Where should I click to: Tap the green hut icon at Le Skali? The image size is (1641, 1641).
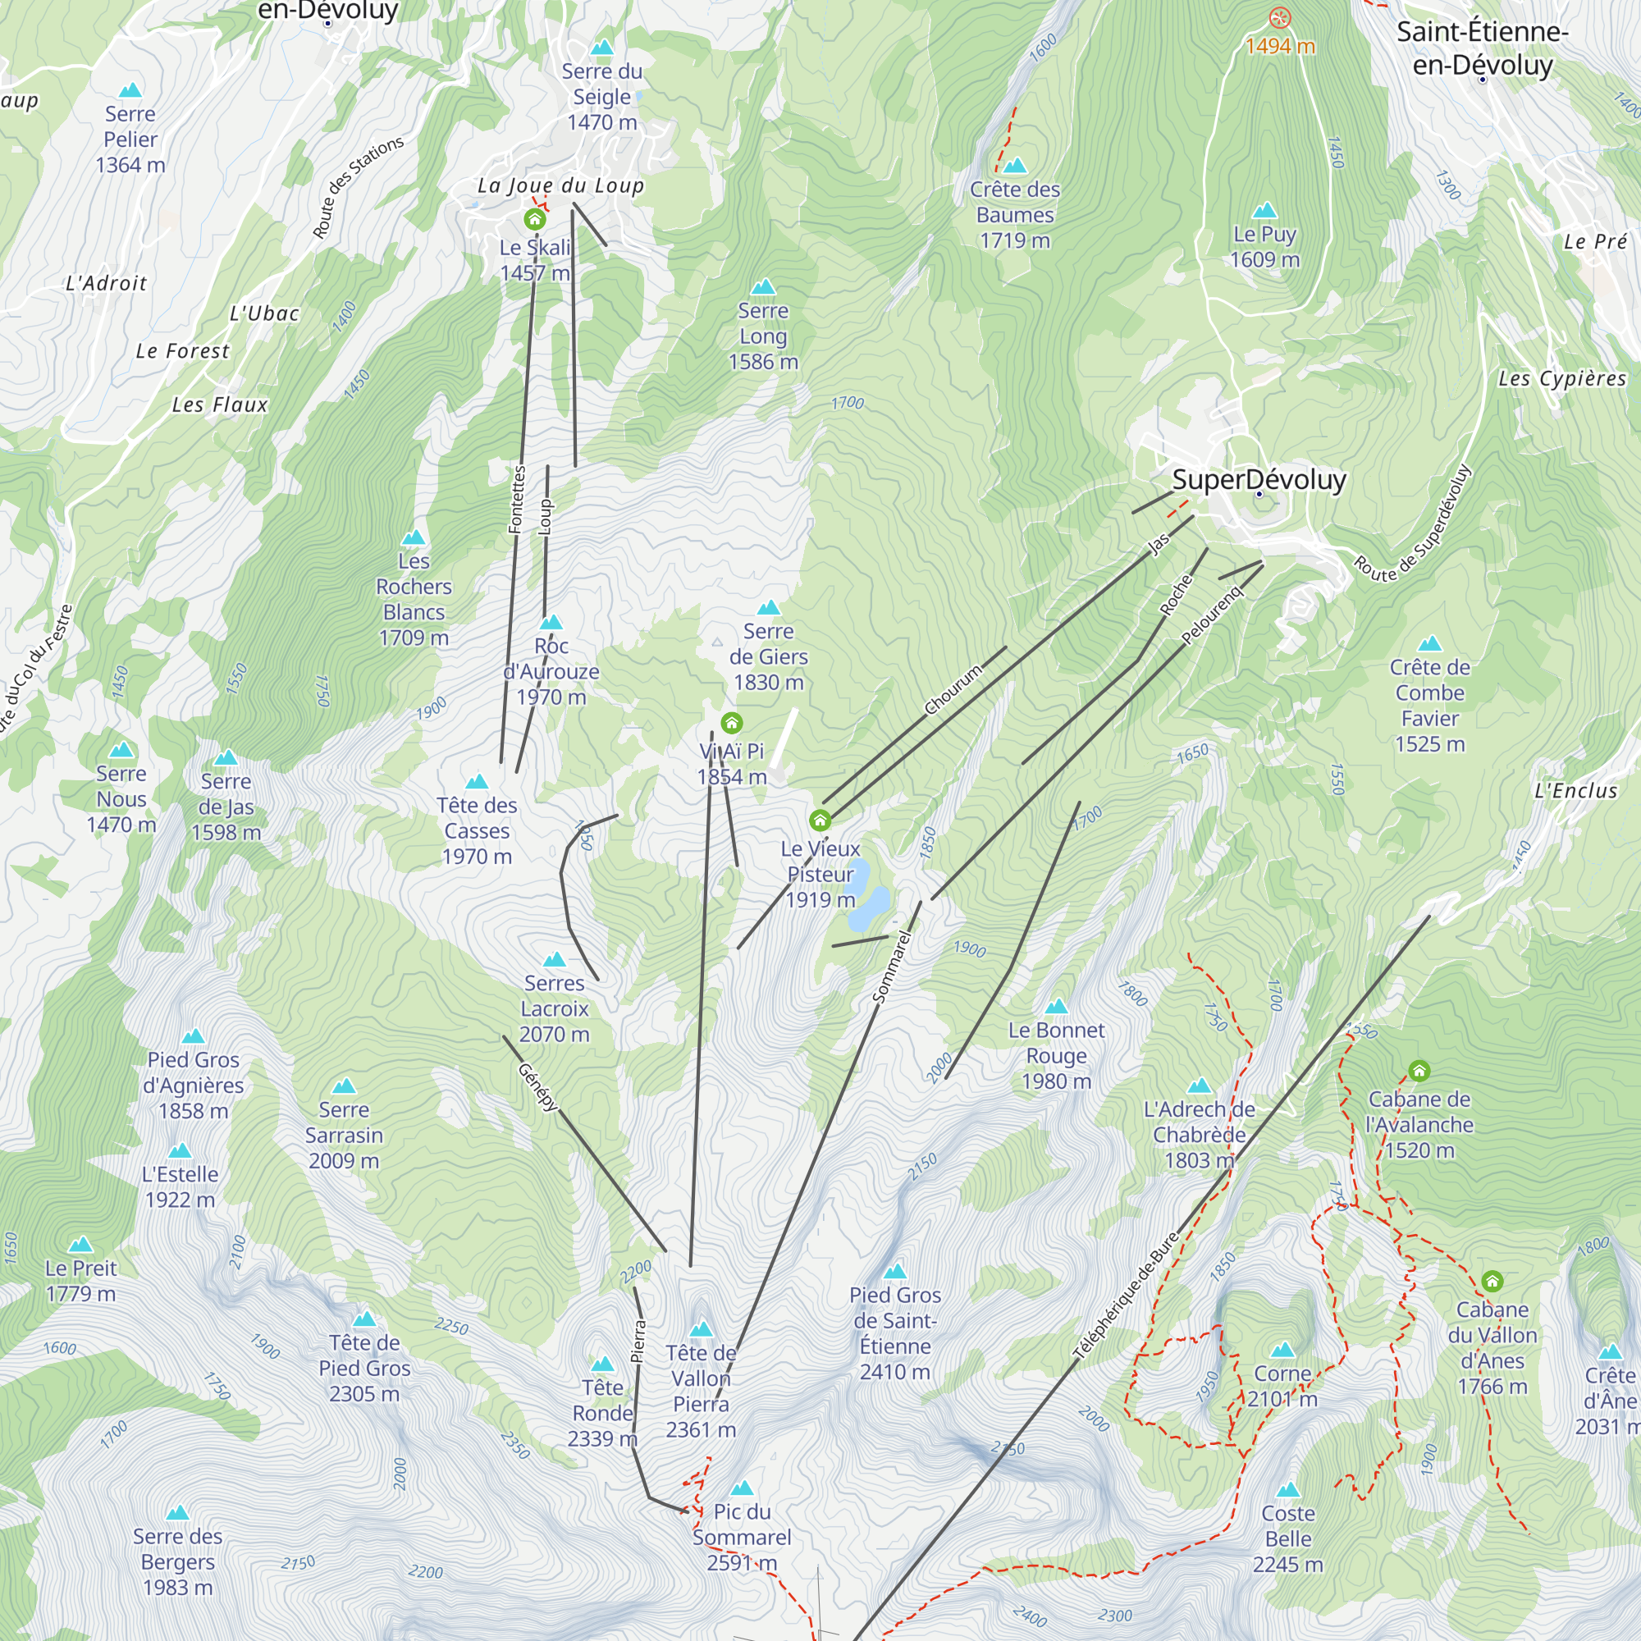[x=534, y=220]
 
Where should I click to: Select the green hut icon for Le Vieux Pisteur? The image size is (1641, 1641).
[x=820, y=820]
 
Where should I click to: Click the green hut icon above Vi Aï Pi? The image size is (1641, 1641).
[x=731, y=724]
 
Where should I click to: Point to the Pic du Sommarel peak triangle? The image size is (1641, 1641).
[x=742, y=1488]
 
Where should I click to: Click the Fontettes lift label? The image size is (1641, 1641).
[x=517, y=500]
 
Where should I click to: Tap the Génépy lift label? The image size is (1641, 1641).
[x=538, y=1086]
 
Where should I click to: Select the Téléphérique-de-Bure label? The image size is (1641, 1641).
[x=1126, y=1296]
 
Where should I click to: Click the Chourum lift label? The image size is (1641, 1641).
[x=953, y=690]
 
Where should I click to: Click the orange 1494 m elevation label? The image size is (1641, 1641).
[x=1280, y=46]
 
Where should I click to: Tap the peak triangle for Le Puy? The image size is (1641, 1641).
[x=1264, y=210]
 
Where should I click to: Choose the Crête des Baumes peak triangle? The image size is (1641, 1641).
[x=1014, y=166]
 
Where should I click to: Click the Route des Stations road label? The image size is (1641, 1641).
[x=358, y=188]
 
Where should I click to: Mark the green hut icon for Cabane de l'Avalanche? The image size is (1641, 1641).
[x=1419, y=1071]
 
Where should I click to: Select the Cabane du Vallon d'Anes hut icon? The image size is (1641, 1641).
[x=1492, y=1282]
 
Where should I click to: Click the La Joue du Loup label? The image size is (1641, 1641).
[x=560, y=185]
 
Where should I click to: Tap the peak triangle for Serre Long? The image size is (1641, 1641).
[x=763, y=287]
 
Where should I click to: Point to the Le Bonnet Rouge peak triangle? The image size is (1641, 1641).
[x=1056, y=1007]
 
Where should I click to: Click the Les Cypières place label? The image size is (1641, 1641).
[x=1562, y=379]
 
